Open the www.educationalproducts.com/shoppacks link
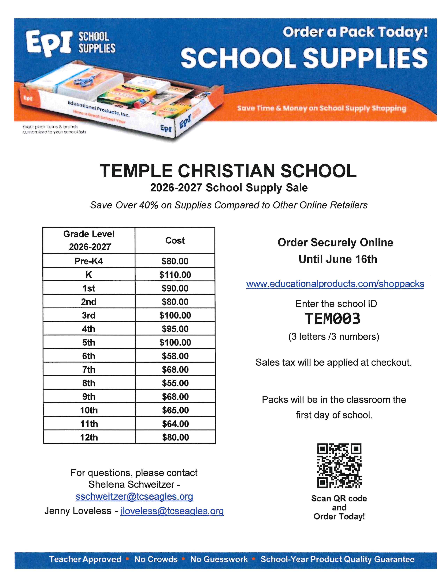(x=335, y=284)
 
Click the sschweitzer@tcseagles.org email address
(x=134, y=497)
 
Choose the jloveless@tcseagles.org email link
(x=172, y=511)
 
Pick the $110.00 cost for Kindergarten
(x=175, y=275)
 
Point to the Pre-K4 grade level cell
(x=89, y=261)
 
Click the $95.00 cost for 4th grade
(x=175, y=329)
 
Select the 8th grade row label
(x=89, y=383)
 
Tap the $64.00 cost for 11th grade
(x=175, y=424)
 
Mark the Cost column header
(x=175, y=240)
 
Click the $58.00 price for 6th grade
(x=175, y=356)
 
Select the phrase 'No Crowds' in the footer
(x=156, y=559)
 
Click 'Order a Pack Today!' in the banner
(x=355, y=32)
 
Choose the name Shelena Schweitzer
(x=131, y=484)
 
